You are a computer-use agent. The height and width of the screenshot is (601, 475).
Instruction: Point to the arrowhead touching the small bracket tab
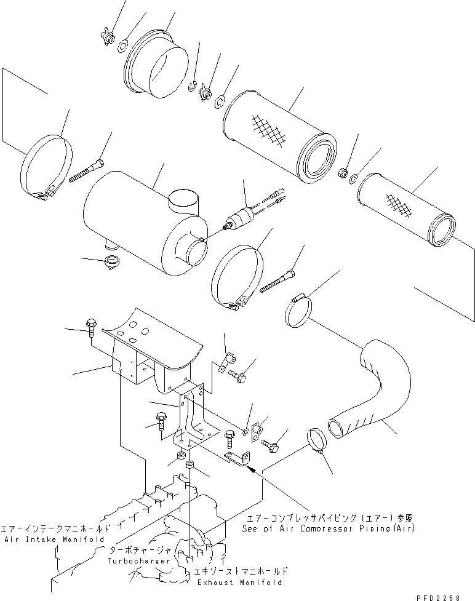pos(247,467)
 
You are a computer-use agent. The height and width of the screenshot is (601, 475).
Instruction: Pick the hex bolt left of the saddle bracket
pos(90,325)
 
